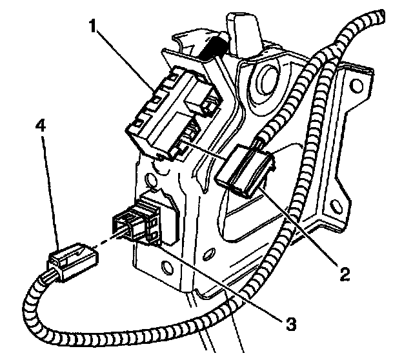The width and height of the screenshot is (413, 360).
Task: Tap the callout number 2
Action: click(x=346, y=274)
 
